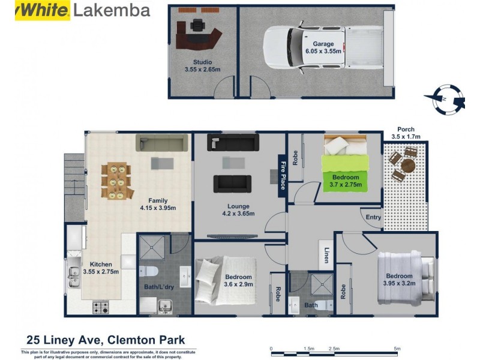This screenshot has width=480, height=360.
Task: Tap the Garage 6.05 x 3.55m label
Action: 323,48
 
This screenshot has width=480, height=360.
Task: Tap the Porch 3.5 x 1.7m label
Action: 406,133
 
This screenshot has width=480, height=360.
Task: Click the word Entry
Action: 373,218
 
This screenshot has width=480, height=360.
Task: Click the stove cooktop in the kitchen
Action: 101,307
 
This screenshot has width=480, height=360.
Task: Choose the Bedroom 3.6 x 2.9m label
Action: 238,280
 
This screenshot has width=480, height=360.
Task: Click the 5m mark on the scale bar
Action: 397,349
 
